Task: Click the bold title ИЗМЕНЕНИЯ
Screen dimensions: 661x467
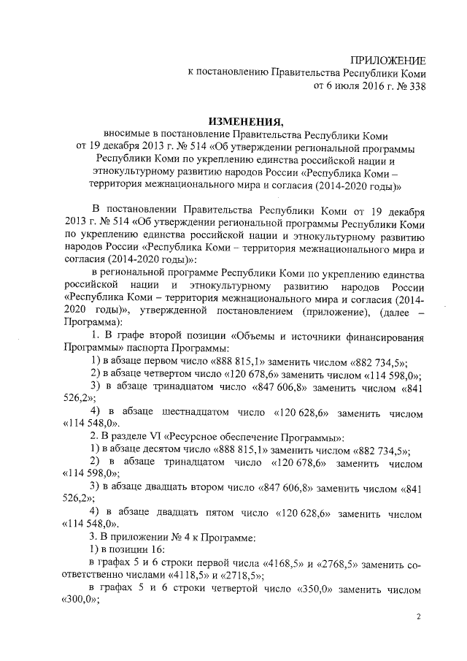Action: click(244, 122)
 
